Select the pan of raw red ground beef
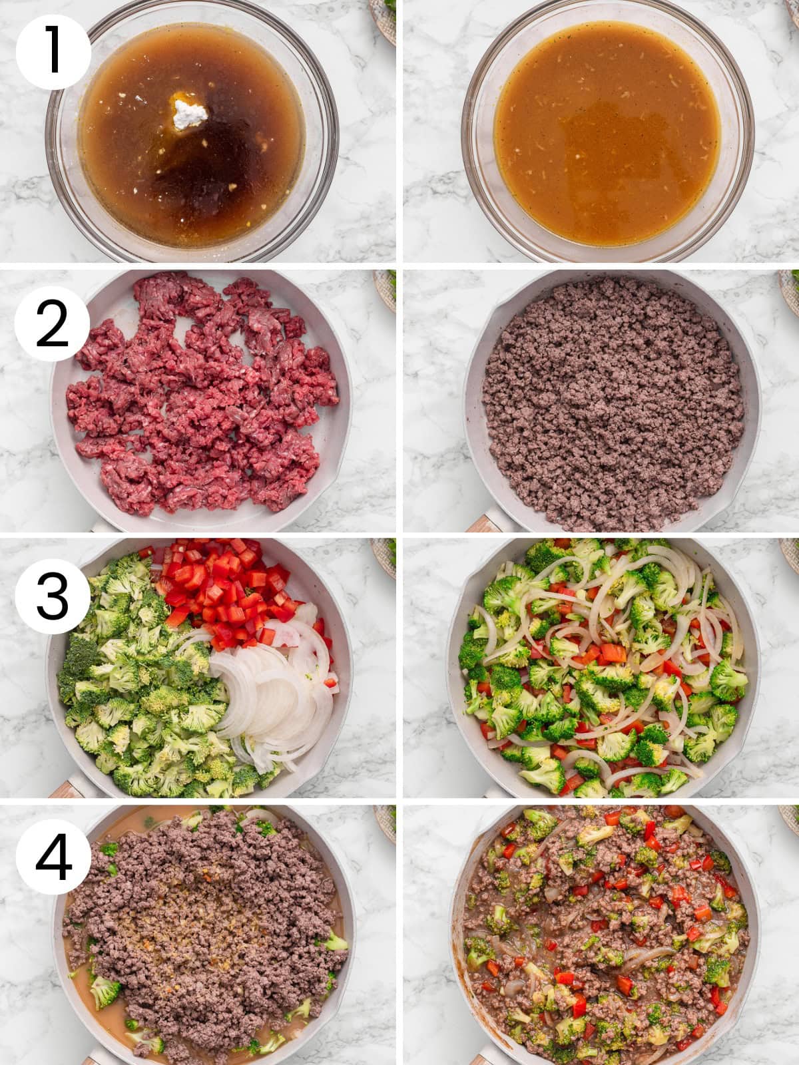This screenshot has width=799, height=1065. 200,399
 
